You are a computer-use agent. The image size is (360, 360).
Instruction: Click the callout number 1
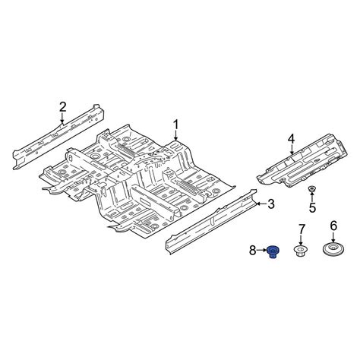(175, 124)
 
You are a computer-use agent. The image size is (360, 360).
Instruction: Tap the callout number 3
(270, 204)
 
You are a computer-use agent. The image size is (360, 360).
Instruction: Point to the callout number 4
(290, 137)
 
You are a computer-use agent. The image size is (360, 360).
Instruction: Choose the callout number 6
(332, 226)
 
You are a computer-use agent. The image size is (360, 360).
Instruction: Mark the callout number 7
(301, 229)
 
